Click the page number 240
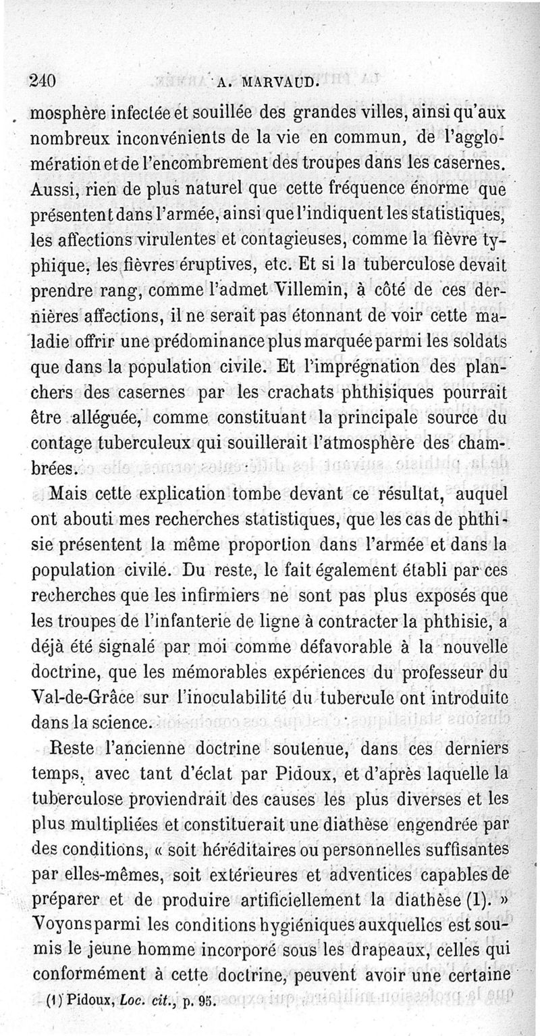click(42, 80)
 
